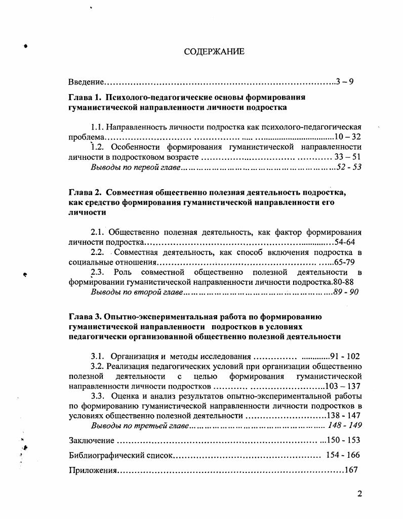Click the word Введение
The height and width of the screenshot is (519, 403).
pos(87,82)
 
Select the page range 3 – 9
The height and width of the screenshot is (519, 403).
pos(344,82)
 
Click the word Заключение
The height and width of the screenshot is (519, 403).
pos(91,441)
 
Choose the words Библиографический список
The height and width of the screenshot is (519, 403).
pos(120,455)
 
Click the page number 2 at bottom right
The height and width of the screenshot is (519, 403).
pos(359,494)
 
